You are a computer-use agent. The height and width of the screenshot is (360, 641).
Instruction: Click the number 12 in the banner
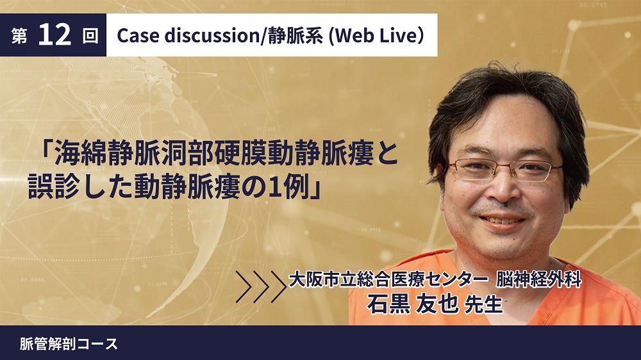(x=54, y=35)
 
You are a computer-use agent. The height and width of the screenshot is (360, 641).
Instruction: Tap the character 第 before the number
(x=19, y=36)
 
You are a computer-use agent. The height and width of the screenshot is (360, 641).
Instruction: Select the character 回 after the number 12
(x=90, y=36)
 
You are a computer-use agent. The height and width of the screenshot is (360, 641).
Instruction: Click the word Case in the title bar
(x=138, y=35)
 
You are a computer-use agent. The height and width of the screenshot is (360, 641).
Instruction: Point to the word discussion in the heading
(x=212, y=35)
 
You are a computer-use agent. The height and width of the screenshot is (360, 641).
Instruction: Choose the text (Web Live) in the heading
(x=376, y=35)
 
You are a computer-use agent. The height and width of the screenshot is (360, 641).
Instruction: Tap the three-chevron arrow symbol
(x=261, y=286)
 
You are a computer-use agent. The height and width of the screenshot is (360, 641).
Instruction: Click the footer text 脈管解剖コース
(x=69, y=343)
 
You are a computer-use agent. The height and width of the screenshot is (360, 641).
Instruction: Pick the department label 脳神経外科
(x=539, y=281)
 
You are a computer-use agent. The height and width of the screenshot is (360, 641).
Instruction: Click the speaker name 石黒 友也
(x=412, y=304)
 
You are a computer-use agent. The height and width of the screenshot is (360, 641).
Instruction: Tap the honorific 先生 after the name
(x=483, y=305)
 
